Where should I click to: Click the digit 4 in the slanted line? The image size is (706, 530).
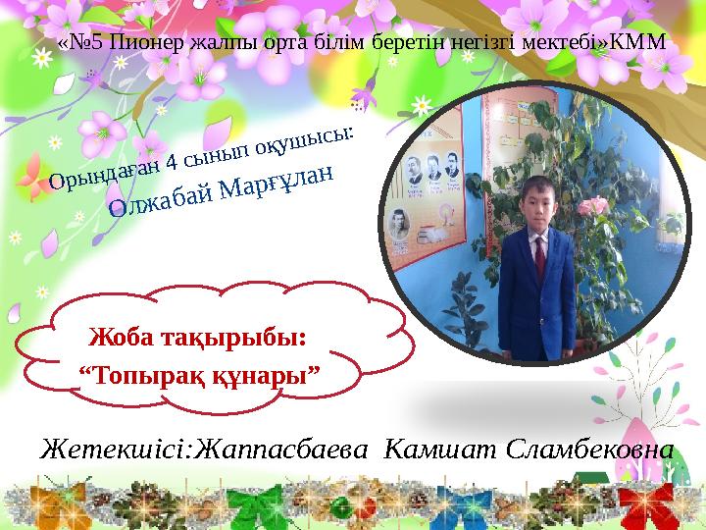coord(173,160)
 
